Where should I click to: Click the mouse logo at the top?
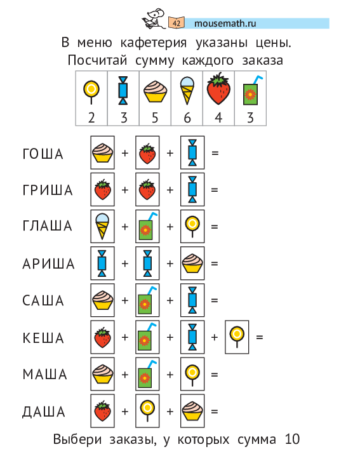click(x=154, y=19)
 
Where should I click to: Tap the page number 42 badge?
click(x=177, y=23)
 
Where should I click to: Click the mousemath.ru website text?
click(x=225, y=23)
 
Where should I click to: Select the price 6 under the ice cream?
click(x=187, y=117)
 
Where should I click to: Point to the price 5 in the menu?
click(x=155, y=117)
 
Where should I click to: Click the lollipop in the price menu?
click(x=91, y=92)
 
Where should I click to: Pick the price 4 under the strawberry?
click(x=218, y=117)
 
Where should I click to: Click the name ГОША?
click(x=43, y=154)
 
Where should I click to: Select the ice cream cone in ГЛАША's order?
click(x=102, y=226)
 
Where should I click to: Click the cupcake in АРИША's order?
click(x=192, y=264)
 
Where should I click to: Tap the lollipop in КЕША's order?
click(x=237, y=337)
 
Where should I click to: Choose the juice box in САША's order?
click(x=147, y=300)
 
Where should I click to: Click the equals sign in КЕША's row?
click(x=260, y=337)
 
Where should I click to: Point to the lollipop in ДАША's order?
click(x=147, y=411)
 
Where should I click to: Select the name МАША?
click(x=45, y=374)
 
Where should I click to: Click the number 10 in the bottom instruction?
click(x=292, y=439)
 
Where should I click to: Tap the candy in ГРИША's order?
click(x=192, y=189)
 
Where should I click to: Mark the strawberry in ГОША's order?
click(x=147, y=154)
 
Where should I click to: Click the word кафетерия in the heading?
click(x=154, y=43)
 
